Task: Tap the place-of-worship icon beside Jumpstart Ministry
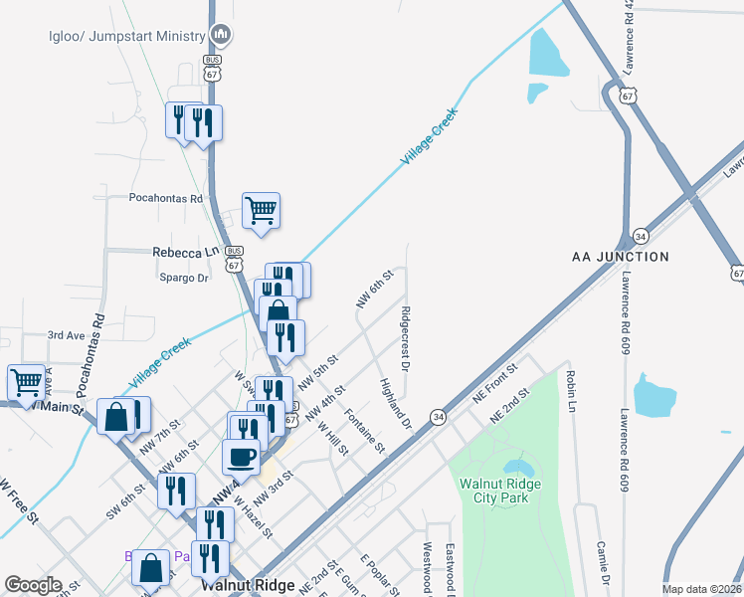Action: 221,36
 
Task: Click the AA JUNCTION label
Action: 621,257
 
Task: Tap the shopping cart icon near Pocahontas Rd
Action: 261,210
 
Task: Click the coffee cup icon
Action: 241,458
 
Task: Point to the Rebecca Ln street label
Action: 184,253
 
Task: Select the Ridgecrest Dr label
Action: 405,340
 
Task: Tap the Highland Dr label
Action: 395,404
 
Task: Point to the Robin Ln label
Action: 570,391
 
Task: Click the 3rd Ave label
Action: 68,335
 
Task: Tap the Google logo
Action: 33,585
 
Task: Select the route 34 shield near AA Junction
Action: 642,236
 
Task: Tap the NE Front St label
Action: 498,383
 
